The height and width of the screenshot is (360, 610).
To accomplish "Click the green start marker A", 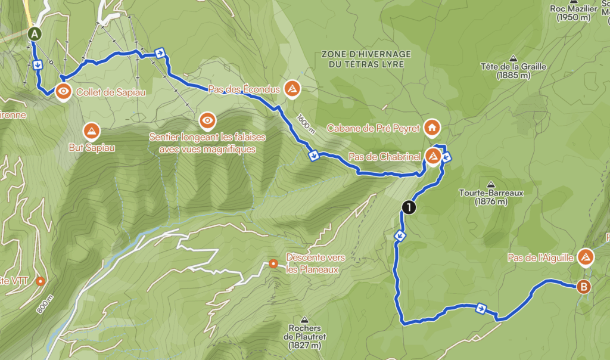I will [x=35, y=34].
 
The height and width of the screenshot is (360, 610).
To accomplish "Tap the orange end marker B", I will [x=584, y=287].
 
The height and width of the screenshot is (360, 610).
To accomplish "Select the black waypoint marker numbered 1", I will [x=409, y=207].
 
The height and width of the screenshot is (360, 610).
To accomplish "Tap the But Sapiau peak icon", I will [x=91, y=130].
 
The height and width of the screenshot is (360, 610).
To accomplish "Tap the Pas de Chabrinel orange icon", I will [x=433, y=156].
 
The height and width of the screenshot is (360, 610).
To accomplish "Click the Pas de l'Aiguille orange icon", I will [x=586, y=257].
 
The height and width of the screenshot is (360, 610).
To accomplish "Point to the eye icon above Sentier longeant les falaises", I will [x=207, y=121].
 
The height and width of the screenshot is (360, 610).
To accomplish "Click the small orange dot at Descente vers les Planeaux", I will [x=273, y=263].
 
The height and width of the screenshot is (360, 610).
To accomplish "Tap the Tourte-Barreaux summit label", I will [x=483, y=197].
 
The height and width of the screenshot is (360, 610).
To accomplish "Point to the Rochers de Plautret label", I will [x=305, y=337].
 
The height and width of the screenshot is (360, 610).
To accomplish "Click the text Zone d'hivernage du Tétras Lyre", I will [x=366, y=58].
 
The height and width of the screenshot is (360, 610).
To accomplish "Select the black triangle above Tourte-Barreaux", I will [x=490, y=184].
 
